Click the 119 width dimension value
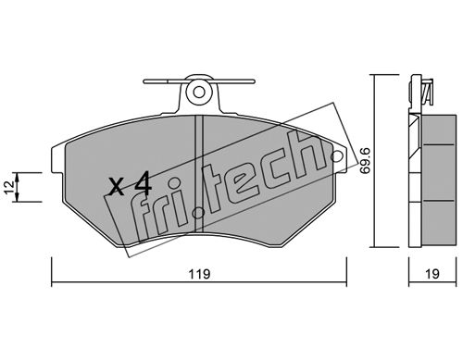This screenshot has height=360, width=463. [199, 274]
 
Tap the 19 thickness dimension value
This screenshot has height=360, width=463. [432, 274]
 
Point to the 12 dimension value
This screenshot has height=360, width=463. [9, 187]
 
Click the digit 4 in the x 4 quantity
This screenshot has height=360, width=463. [143, 183]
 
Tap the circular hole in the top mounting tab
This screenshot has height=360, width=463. [199, 92]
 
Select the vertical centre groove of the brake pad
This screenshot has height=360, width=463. [199, 174]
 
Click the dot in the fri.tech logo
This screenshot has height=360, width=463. [198, 213]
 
